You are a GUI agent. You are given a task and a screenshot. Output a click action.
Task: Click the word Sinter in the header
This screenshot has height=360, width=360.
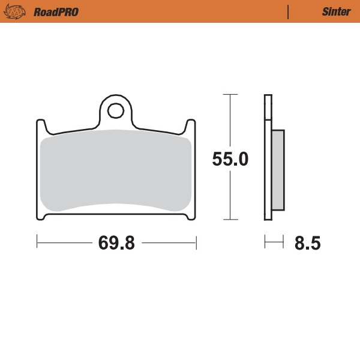pos(332,12)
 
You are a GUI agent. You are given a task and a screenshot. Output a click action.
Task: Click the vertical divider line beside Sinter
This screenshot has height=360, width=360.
pos(289,12)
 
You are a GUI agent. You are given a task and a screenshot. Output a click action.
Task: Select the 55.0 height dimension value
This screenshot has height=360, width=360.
pos(230,159)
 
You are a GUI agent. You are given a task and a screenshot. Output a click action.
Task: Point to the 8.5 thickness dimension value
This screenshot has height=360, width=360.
pos(307,244)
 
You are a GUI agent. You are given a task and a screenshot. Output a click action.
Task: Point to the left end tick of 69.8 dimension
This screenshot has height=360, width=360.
pos(37,242)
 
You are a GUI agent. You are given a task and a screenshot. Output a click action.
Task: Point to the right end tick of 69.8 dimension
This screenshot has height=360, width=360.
pos(196,242)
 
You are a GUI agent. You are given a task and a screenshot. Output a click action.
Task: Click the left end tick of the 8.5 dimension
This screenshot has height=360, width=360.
pos(265,242)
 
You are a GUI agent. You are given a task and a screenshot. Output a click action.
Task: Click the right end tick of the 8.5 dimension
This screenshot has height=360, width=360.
pos(283,242)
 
